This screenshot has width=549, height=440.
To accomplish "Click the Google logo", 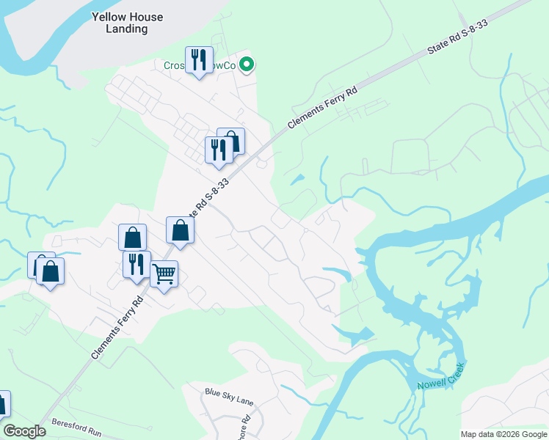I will point(24,431).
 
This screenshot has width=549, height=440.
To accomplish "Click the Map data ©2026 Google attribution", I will point(503,434).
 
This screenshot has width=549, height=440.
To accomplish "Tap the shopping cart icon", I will point(164,275).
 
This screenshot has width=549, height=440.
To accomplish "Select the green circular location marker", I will point(247,66).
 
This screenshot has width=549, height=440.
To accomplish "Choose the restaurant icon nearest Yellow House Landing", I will point(199,59).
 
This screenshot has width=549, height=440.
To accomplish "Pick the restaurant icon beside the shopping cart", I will point(137,264).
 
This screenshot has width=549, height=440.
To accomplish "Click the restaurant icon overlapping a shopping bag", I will point(219,150).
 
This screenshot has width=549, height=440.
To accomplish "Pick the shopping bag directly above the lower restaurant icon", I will point(132,237).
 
